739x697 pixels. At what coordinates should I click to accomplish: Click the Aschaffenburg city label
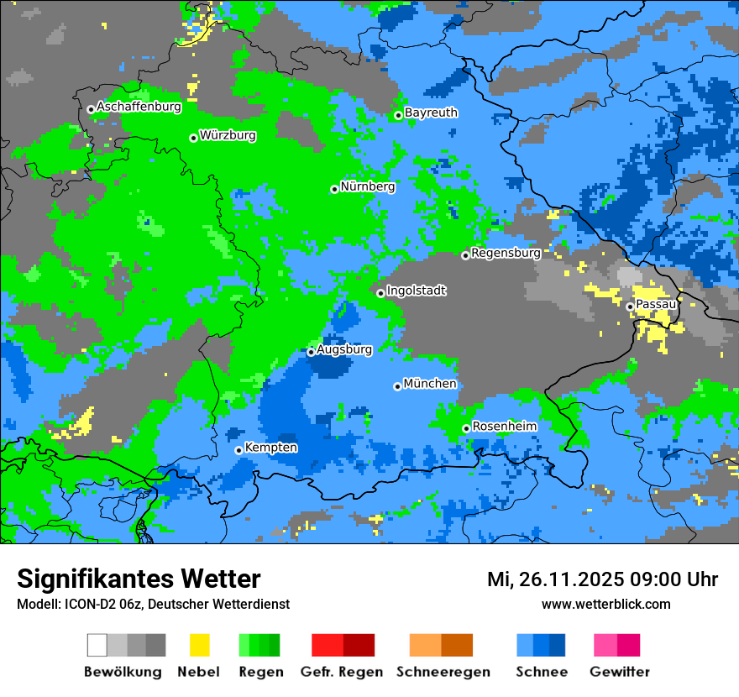[x=139, y=107]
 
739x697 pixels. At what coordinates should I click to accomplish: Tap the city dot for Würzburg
[x=193, y=138]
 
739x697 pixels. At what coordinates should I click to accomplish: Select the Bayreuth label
[x=431, y=112]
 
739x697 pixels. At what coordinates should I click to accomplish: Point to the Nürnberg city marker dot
[x=334, y=189]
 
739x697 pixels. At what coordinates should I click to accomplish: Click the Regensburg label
[x=506, y=252]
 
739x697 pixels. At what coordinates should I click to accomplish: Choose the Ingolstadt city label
[x=417, y=291]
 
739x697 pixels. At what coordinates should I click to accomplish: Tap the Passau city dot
[x=630, y=307]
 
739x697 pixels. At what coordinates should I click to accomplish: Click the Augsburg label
[x=344, y=349]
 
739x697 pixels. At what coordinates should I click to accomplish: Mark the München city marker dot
[x=397, y=386]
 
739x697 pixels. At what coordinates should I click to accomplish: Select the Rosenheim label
[x=504, y=426]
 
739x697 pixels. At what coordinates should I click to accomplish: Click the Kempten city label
[x=270, y=448]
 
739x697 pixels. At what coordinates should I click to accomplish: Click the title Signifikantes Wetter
[x=139, y=579]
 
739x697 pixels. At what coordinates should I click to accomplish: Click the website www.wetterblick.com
[x=605, y=604]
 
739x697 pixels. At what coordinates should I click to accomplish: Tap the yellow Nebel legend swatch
[x=199, y=645]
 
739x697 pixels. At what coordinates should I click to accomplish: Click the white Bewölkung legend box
[x=97, y=645]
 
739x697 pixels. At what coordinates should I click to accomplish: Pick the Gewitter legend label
[x=620, y=672]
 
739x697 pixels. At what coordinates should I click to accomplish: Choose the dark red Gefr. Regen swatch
[x=359, y=645]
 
